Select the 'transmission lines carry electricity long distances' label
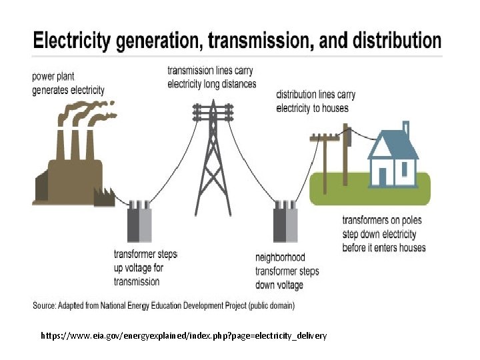pyautogui.click(x=211, y=77)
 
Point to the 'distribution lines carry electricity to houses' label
pyautogui.click(x=315, y=101)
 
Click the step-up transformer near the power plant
pyautogui.click(x=140, y=223)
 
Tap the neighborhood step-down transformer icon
pyautogui.click(x=285, y=223)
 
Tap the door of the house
pyautogui.click(x=382, y=176)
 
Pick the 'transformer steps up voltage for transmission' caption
pyautogui.click(x=145, y=268)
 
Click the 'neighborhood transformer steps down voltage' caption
pyautogui.click(x=287, y=271)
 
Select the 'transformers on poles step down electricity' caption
pyautogui.click(x=383, y=234)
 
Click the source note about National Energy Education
pyautogui.click(x=164, y=306)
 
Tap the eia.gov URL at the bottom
pyautogui.click(x=183, y=335)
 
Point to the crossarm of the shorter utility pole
pyautogui.click(x=325, y=139)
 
